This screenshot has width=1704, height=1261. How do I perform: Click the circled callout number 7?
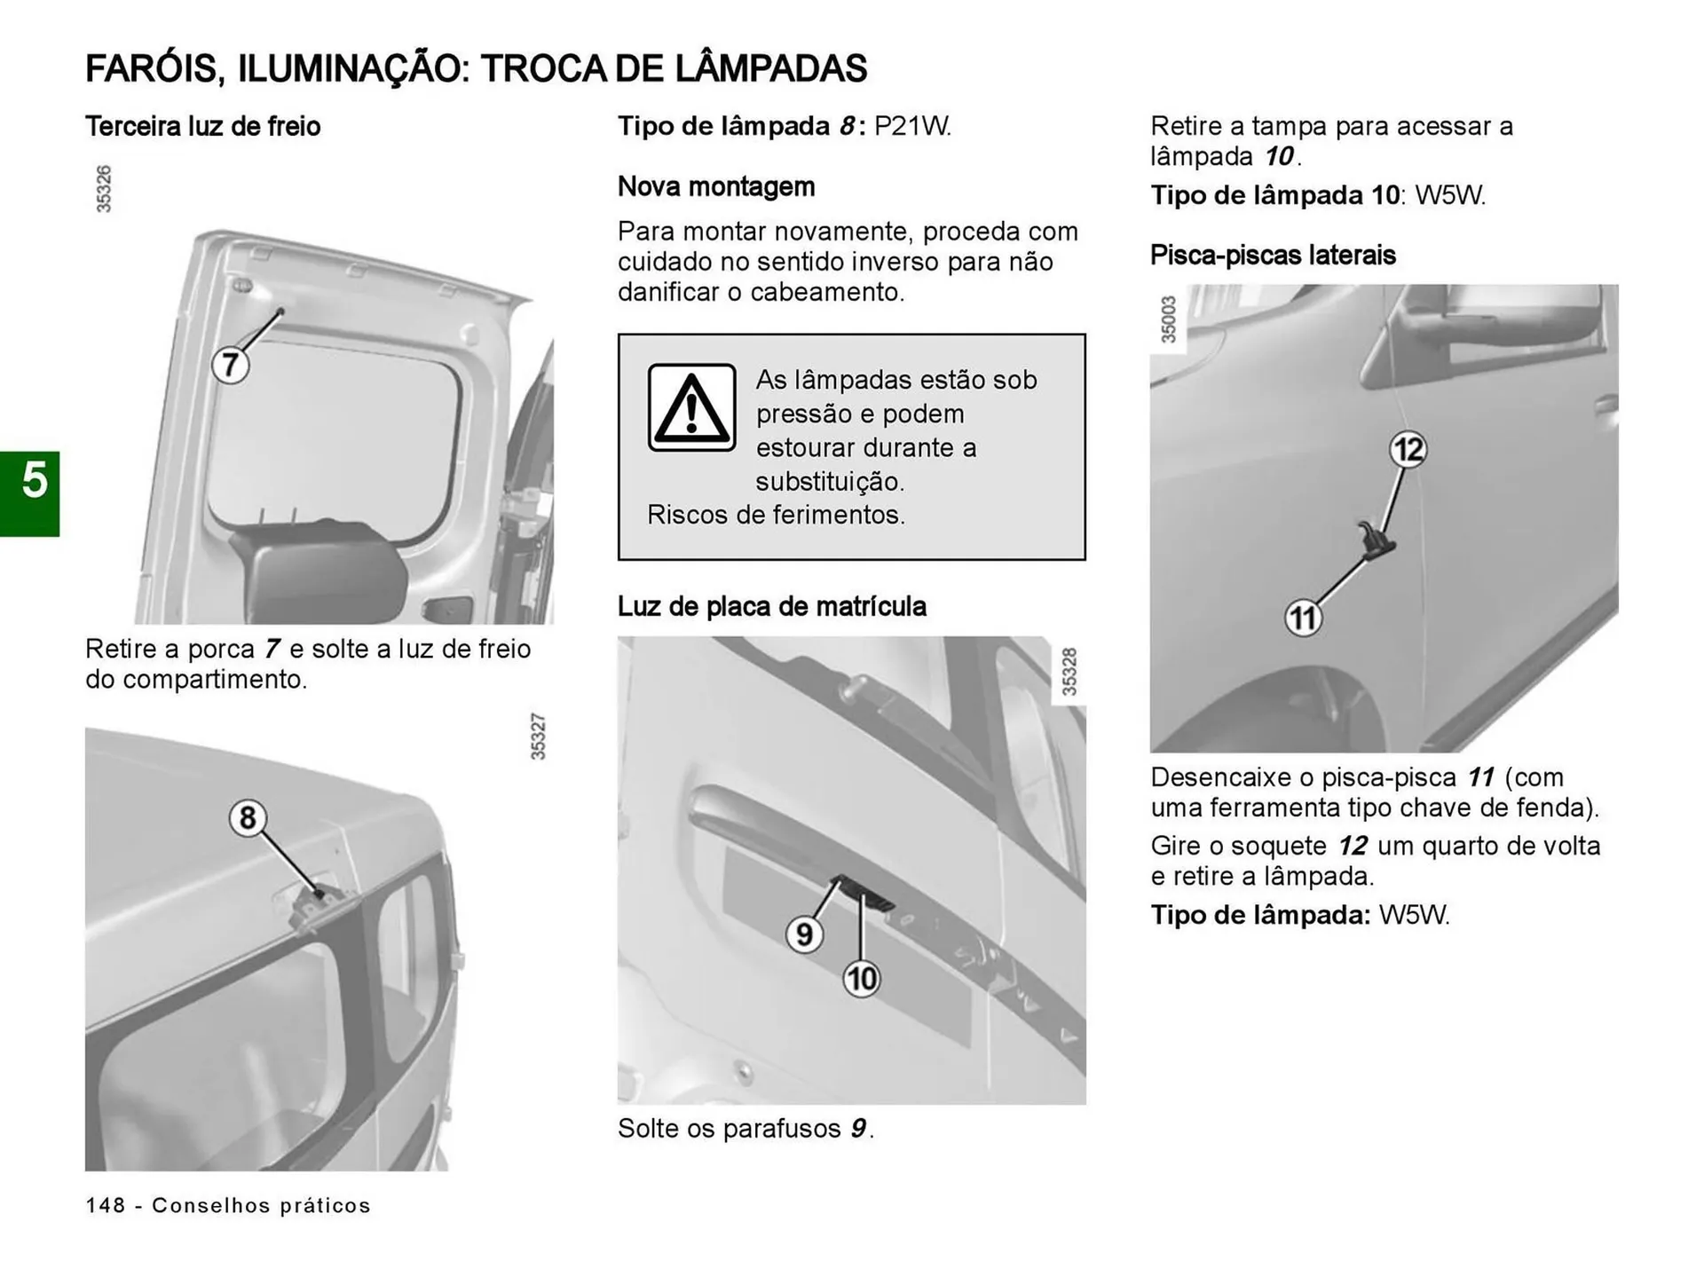coord(230,365)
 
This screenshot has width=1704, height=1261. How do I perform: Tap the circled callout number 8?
coord(248,817)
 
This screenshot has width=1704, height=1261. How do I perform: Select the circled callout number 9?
coord(804,934)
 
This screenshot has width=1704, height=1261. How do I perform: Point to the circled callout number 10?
coord(861,979)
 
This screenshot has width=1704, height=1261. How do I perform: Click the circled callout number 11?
coord(1303,618)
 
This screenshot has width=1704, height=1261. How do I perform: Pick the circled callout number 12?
coord(1408,449)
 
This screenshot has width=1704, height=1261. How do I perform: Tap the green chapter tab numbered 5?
coord(30,493)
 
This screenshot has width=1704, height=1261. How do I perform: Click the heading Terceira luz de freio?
coord(202,127)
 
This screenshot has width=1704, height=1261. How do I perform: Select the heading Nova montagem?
coord(715,187)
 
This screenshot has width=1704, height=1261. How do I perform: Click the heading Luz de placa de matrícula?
coord(771,607)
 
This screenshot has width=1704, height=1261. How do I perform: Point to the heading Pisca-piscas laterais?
coord(1273,256)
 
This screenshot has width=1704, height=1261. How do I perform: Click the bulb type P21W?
coord(911,127)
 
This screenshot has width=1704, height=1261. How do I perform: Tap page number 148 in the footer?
coord(106,1205)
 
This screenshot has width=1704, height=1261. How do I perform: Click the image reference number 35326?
coord(104,189)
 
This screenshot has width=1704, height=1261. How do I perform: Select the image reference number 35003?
coord(1168,319)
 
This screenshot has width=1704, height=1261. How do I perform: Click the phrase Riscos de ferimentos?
coord(776,516)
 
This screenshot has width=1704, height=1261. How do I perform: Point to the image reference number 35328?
coord(1069,673)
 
